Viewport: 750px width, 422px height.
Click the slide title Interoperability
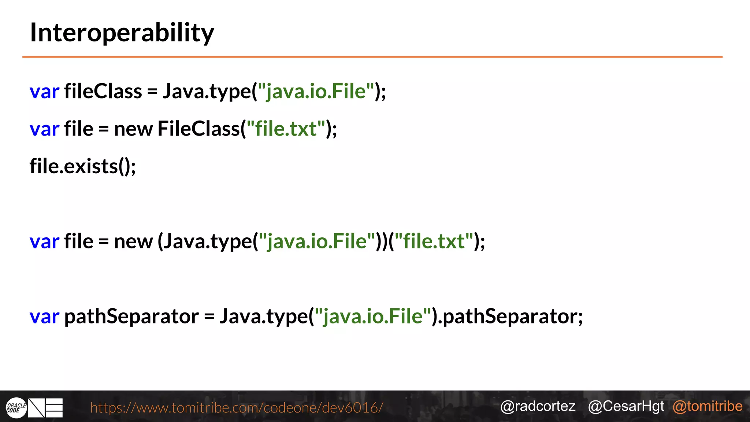pos(122,33)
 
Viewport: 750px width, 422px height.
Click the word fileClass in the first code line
pos(103,91)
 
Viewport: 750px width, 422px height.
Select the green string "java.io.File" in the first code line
pos(316,91)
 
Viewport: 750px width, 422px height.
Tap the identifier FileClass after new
pos(198,129)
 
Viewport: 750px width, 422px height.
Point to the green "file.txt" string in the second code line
pos(286,129)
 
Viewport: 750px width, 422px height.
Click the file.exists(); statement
pos(83,167)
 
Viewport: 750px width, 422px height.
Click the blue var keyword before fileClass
pos(44,91)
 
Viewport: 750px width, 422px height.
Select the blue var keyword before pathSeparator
pos(44,316)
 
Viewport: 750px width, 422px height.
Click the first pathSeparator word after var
pos(131,316)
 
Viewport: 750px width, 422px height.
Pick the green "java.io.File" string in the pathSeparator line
pos(373,316)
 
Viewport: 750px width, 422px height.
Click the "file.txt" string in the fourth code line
pos(434,241)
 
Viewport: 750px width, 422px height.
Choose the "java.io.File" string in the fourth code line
pos(317,241)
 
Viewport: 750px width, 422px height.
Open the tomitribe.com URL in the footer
pos(237,407)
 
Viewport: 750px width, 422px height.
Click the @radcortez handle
pos(538,406)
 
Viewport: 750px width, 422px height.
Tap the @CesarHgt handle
pos(626,406)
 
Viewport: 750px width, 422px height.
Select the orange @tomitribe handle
pos(708,406)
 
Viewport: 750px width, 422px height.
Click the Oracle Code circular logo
pos(16,408)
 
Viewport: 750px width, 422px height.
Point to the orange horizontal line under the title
pos(372,57)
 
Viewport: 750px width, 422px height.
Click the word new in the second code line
pos(133,129)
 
